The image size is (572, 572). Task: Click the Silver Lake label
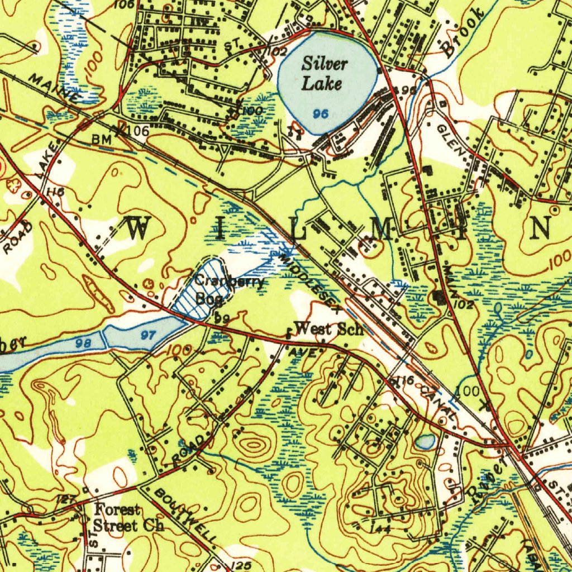(x=325, y=74)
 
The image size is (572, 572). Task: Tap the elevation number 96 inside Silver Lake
(x=320, y=114)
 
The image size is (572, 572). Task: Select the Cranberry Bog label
(x=226, y=289)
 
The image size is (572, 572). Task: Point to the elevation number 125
(x=241, y=565)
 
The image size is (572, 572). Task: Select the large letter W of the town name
(x=139, y=230)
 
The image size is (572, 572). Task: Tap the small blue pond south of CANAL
(x=426, y=442)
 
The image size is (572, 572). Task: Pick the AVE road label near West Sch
(x=306, y=354)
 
